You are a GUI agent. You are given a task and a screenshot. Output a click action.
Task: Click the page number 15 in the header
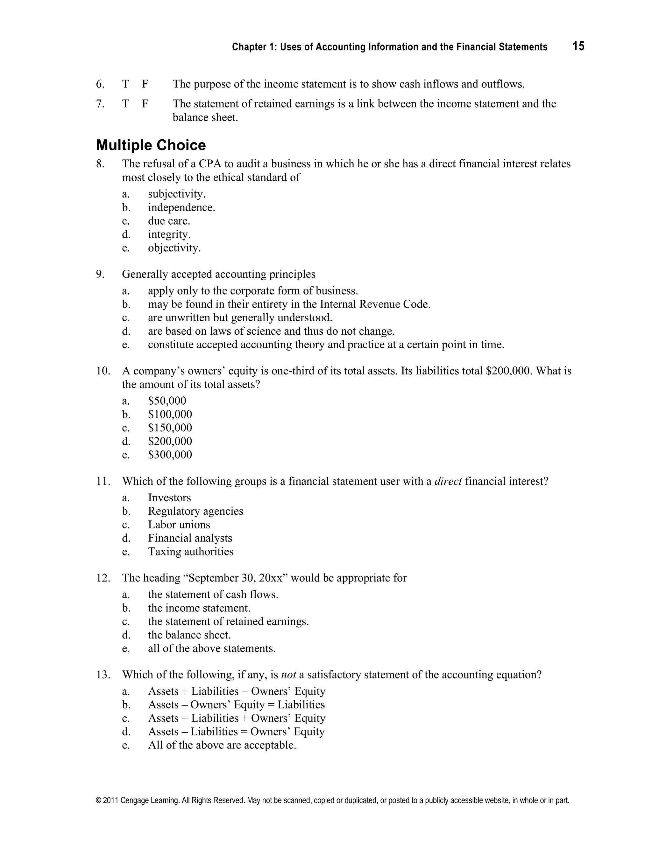click(578, 47)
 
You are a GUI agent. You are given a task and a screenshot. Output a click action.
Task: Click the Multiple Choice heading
click(151, 145)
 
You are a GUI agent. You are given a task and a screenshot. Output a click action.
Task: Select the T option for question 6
click(125, 84)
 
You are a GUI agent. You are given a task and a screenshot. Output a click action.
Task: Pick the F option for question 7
click(145, 104)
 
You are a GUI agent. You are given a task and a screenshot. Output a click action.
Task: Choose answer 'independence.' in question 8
click(181, 208)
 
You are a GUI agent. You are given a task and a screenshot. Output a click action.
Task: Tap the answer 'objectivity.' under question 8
click(174, 248)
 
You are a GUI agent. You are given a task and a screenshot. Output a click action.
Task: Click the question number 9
click(100, 275)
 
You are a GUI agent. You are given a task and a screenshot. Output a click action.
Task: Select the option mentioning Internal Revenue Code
click(289, 304)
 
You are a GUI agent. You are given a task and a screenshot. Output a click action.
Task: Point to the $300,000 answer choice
click(170, 455)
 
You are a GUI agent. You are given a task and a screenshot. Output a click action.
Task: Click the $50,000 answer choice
click(167, 401)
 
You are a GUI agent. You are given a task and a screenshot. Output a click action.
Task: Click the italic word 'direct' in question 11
click(448, 481)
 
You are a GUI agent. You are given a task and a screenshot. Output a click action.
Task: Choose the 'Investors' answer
click(169, 498)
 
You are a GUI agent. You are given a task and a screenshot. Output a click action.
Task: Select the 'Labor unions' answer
click(179, 525)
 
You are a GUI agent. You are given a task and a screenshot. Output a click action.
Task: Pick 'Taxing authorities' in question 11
click(190, 552)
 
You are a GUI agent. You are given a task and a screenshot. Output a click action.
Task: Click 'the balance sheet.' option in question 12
click(189, 635)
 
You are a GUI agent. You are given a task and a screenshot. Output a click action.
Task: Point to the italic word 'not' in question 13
click(288, 675)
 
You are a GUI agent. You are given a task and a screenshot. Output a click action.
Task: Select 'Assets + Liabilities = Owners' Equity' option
click(237, 691)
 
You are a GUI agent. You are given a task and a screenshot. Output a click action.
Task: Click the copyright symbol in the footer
click(98, 801)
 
